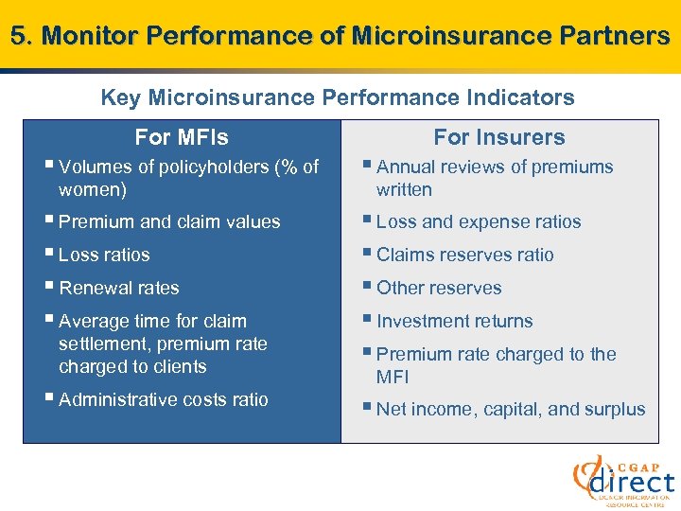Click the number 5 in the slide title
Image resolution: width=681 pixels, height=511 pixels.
(x=18, y=36)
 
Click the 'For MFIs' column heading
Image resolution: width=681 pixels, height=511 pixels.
(x=182, y=137)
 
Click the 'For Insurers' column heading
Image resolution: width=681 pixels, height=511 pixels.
(x=499, y=137)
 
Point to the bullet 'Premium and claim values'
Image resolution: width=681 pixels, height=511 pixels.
(x=169, y=222)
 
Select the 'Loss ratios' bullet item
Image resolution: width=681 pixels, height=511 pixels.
(x=104, y=255)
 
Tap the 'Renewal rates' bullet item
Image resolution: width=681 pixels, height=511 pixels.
(x=118, y=289)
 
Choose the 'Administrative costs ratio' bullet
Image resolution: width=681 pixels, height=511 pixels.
(x=163, y=400)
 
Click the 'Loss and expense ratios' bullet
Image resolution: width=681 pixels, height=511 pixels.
(x=479, y=222)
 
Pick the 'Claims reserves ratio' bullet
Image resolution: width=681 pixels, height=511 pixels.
(x=464, y=255)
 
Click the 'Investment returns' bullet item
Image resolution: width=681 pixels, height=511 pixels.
(x=454, y=322)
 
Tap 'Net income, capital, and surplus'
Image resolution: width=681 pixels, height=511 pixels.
(x=511, y=410)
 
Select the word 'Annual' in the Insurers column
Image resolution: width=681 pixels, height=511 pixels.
(x=405, y=167)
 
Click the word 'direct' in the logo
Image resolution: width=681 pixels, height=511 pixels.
(x=632, y=482)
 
